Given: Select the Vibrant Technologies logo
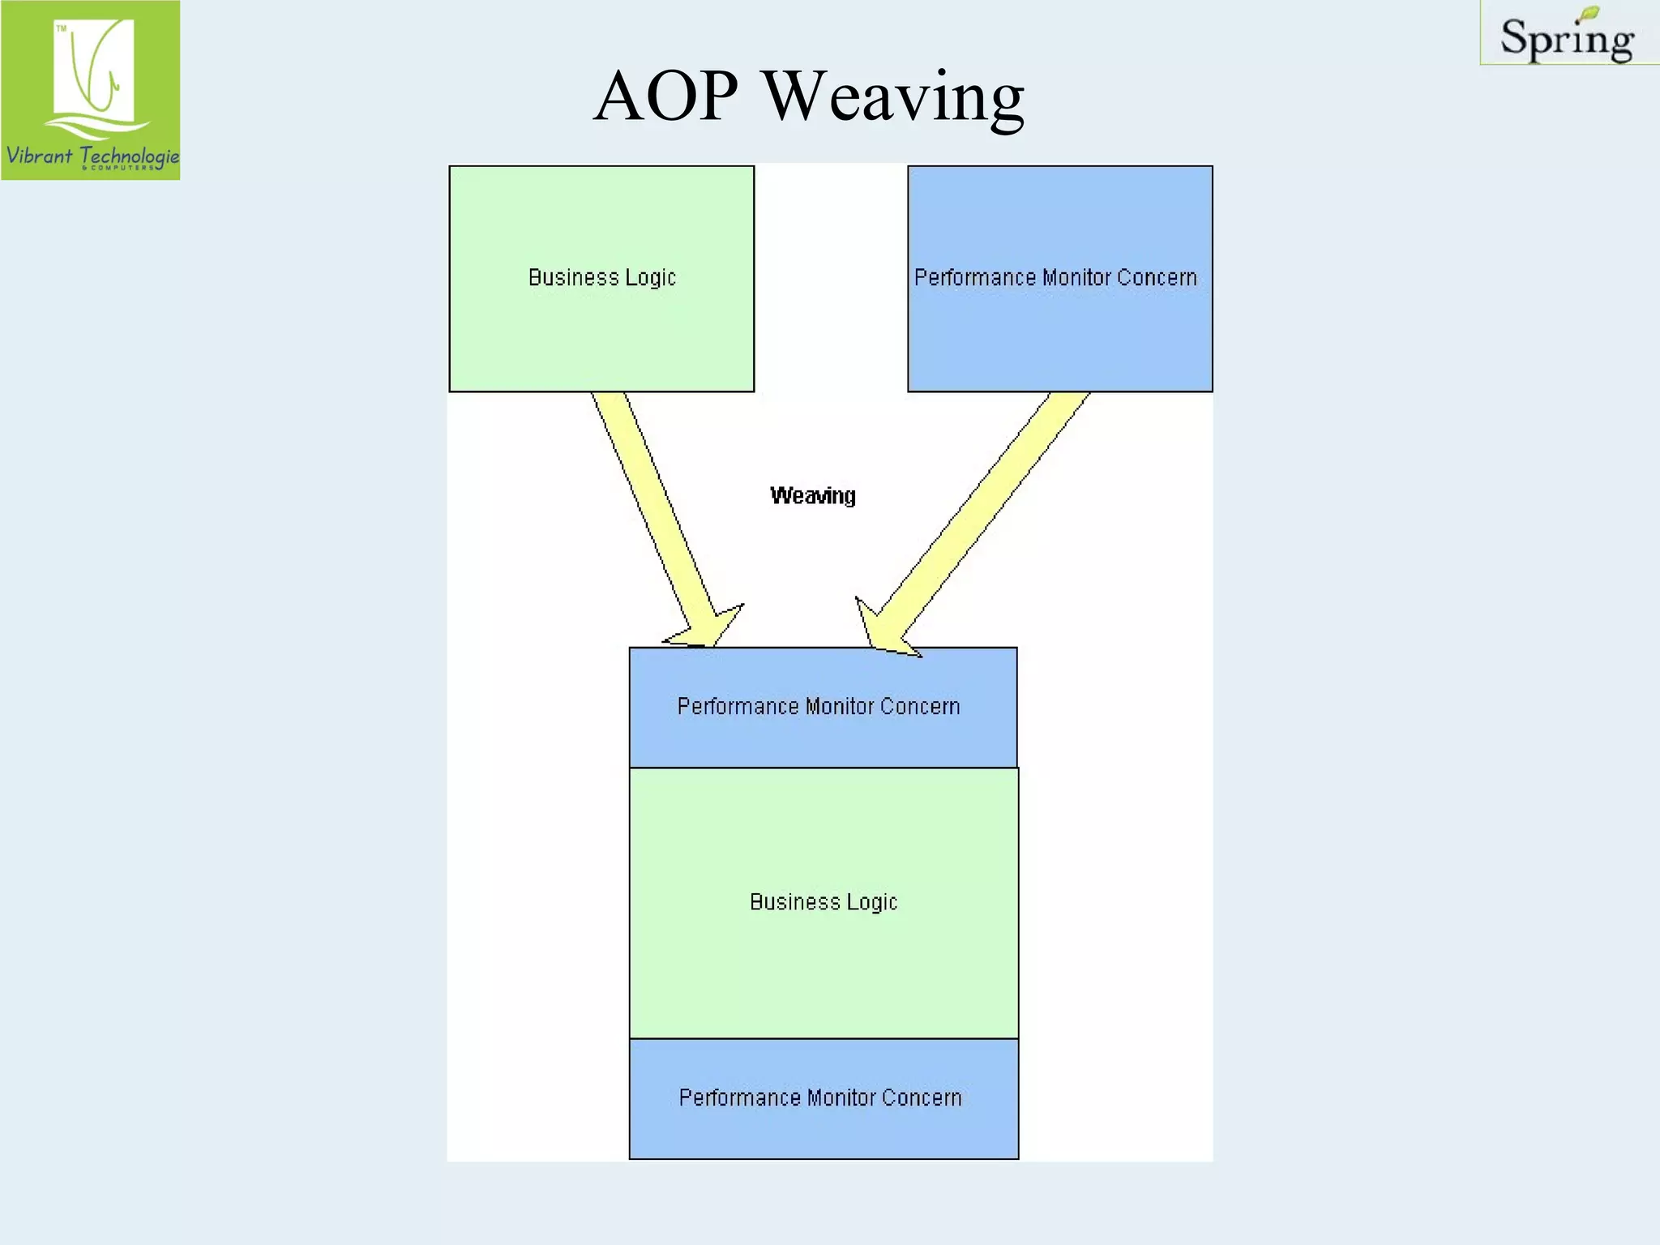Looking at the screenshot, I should point(91,90).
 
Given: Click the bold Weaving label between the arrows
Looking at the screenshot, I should point(812,495).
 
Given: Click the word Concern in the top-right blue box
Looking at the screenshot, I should point(1157,278).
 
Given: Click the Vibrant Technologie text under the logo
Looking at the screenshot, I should point(91,155).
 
